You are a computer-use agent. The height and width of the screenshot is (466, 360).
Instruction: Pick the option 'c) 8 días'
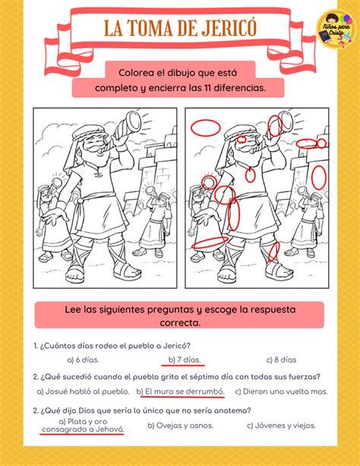click(x=283, y=360)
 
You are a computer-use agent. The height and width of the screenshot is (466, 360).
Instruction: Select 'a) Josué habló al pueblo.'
click(x=84, y=392)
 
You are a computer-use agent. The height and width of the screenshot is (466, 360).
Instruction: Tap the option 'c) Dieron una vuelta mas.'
click(x=280, y=392)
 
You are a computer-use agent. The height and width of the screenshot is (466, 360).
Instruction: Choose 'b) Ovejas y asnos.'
click(x=181, y=426)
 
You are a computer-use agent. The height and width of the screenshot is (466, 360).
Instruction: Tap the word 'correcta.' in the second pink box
click(x=179, y=322)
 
